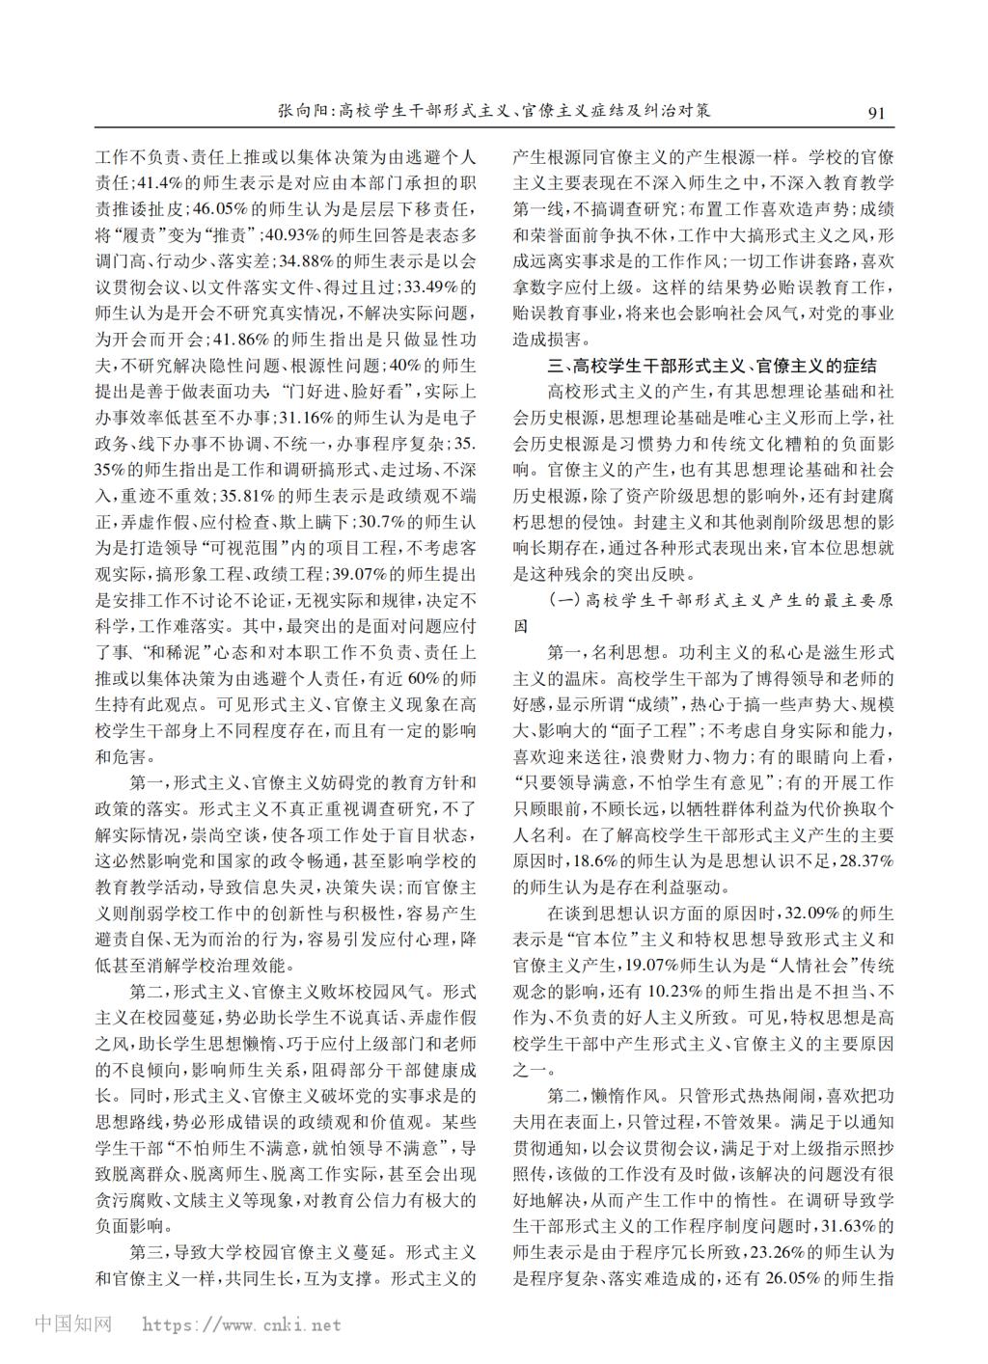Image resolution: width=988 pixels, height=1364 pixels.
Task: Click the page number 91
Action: click(x=876, y=112)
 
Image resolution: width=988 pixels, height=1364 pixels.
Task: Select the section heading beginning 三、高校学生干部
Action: click(x=711, y=366)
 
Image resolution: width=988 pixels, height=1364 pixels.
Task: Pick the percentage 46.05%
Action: click(x=220, y=207)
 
